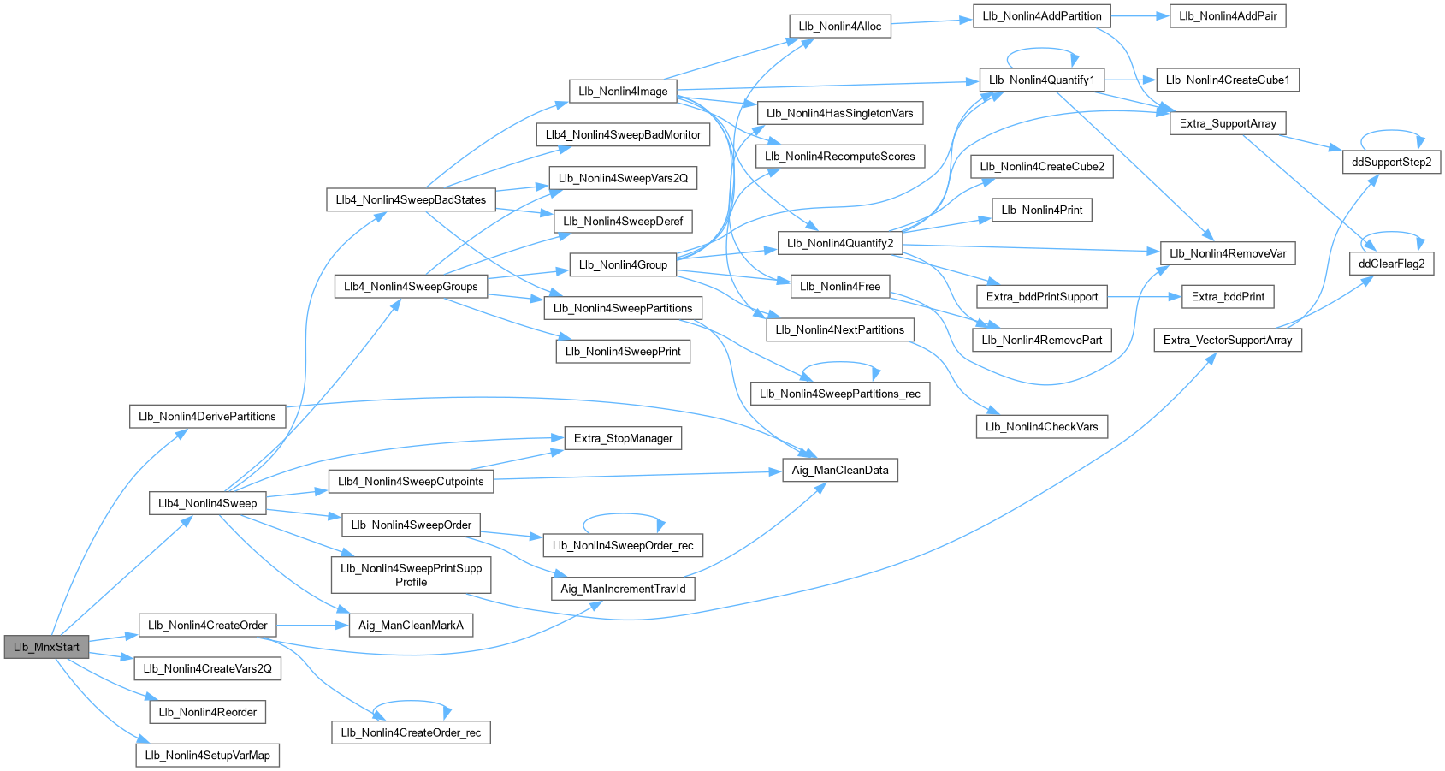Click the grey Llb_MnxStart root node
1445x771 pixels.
46,647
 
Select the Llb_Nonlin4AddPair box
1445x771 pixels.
1227,16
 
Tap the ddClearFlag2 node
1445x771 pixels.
1391,264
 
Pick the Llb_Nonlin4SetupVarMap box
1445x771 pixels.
207,755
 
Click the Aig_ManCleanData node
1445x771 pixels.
839,470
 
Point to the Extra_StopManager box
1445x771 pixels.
623,438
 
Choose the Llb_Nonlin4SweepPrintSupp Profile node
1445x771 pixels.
411,575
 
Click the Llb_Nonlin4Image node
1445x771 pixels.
622,92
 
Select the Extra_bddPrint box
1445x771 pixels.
1228,297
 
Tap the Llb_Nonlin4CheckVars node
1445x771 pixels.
1041,426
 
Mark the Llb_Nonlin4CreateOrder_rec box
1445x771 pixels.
411,732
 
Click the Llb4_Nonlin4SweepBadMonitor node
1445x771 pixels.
623,134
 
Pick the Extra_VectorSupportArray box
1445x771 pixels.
1227,340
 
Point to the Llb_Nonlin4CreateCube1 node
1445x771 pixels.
1227,80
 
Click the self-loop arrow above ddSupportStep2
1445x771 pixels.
1391,132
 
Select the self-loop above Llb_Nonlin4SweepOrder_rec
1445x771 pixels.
623,514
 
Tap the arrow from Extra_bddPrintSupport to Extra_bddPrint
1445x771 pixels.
1144,297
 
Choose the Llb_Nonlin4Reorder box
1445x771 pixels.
207,712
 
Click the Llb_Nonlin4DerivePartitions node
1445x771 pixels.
207,417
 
